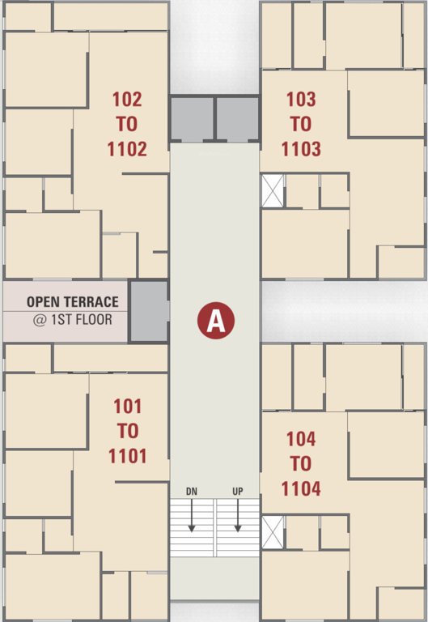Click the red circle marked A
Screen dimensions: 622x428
[x=216, y=321]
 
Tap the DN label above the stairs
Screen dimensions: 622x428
[x=192, y=492]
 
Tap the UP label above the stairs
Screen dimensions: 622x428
[x=238, y=492]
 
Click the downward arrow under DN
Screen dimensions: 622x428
[x=192, y=516]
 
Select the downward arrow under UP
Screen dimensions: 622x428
[x=238, y=516]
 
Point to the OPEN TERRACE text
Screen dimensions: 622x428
[x=72, y=302]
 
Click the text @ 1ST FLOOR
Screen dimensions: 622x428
[x=72, y=319]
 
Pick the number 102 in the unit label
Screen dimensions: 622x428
[x=127, y=100]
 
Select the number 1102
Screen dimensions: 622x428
[x=127, y=149]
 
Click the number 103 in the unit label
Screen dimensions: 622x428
[x=301, y=100]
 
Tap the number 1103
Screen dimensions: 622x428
[x=301, y=149]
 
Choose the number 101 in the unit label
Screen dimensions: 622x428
[x=127, y=407]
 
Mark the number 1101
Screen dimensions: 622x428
[x=127, y=456]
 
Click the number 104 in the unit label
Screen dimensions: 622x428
[x=301, y=439]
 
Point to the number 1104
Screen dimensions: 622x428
[x=301, y=488]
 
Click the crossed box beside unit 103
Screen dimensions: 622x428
[x=272, y=190]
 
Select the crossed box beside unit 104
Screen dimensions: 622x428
[x=272, y=531]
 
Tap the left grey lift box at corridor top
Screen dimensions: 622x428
[x=191, y=119]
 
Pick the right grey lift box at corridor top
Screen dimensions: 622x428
[x=237, y=119]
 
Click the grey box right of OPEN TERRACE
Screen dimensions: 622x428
[x=149, y=310]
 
